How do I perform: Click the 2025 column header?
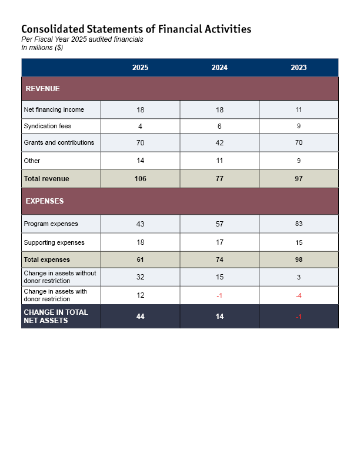pos(140,68)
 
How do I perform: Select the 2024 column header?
pos(219,68)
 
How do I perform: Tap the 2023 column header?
pos(299,68)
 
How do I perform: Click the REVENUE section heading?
pos(42,89)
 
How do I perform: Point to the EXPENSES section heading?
pos(45,201)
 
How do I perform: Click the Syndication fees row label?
pos(47,126)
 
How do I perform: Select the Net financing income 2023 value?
pos(299,109)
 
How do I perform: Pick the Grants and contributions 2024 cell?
pos(219,142)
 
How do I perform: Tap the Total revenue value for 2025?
pos(140,179)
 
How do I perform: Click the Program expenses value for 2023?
pos(299,224)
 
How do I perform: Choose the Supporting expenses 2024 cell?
pos(219,242)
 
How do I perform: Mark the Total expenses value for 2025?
pos(140,259)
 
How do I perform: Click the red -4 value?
pos(299,295)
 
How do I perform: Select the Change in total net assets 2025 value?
pos(140,317)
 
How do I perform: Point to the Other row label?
pos(32,161)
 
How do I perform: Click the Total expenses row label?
pos(46,259)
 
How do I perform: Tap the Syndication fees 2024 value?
pos(219,126)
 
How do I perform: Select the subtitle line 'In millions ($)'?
pos(42,48)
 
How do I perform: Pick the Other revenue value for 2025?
pos(140,161)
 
